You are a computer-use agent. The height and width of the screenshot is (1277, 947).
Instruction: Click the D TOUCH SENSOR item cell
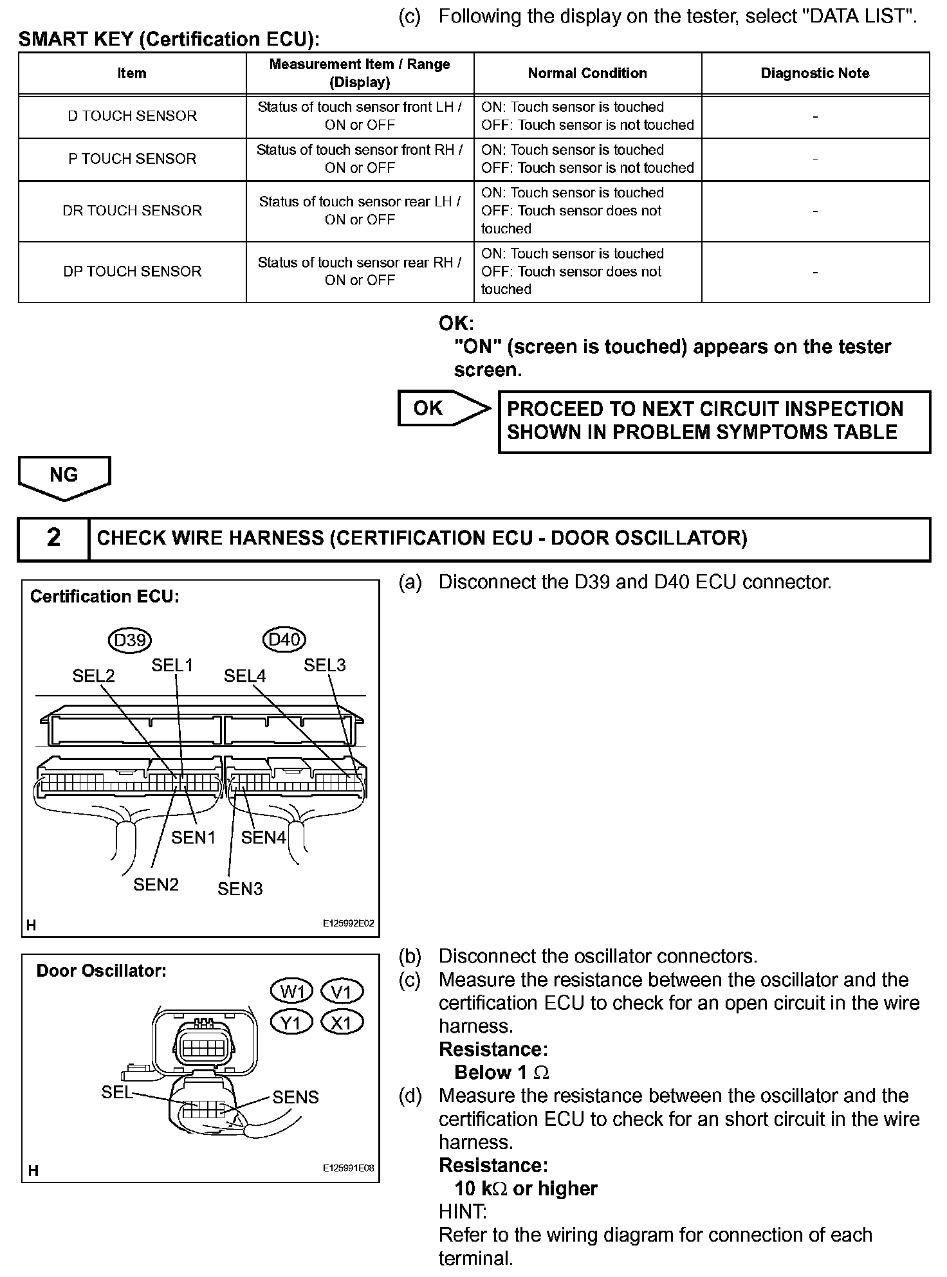(x=132, y=116)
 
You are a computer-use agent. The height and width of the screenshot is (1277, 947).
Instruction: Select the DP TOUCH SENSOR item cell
(x=132, y=271)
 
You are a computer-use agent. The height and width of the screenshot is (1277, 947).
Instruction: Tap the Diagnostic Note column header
(x=814, y=73)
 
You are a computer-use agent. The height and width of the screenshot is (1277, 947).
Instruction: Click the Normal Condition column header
(x=587, y=73)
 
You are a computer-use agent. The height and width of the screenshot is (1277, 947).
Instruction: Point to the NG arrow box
(x=64, y=476)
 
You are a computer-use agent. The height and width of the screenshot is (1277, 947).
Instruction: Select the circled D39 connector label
(x=129, y=640)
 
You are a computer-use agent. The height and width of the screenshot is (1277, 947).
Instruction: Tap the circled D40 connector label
(x=284, y=640)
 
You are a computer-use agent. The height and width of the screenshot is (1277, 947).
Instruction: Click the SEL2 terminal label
(x=93, y=676)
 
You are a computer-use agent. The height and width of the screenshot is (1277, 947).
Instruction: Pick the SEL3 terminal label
(x=324, y=666)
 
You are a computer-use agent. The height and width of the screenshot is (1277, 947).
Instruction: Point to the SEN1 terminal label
(x=193, y=837)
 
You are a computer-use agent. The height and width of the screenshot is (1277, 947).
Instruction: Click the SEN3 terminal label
(x=240, y=889)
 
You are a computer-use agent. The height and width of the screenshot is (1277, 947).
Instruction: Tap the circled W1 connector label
(x=292, y=992)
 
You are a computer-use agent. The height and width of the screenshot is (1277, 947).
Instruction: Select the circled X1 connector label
(x=341, y=1022)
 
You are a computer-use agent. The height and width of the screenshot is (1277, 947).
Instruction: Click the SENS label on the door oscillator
(x=295, y=1097)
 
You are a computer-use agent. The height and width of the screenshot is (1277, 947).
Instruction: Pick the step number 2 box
(x=53, y=538)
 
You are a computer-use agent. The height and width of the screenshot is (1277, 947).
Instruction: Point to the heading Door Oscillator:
(x=101, y=971)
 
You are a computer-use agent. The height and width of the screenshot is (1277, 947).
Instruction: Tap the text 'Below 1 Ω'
(x=501, y=1073)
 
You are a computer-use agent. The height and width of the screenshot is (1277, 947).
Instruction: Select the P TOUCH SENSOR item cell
(x=132, y=159)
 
